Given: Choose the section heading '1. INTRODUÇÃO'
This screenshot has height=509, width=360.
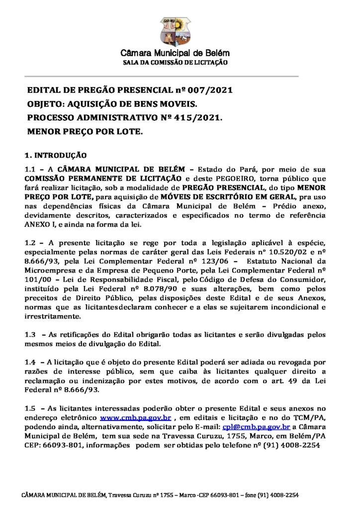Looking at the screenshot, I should pyautogui.click(x=56, y=155).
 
